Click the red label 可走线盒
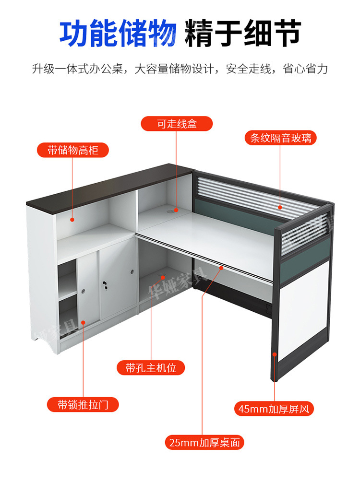[177, 124]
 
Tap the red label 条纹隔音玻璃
[281, 138]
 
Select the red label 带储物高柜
[73, 150]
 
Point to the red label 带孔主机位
[151, 367]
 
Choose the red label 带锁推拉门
[83, 404]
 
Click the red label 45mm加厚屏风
[274, 409]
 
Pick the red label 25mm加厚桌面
[204, 442]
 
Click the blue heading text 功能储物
[118, 33]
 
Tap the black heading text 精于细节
[243, 33]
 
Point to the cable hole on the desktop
[170, 212]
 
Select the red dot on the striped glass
[280, 207]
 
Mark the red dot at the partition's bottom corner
[275, 354]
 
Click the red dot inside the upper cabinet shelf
[72, 220]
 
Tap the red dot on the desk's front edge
[221, 268]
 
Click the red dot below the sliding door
[83, 322]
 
